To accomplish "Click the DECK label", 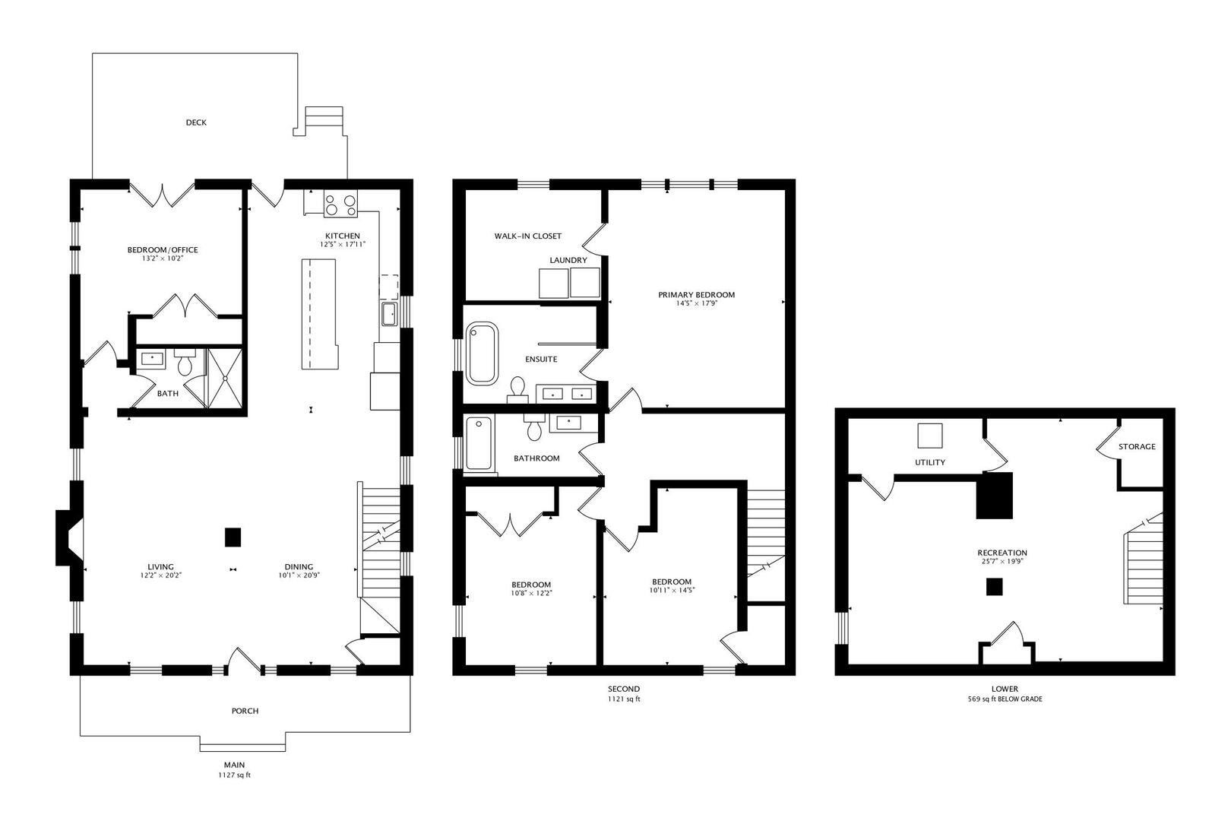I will coord(196,122).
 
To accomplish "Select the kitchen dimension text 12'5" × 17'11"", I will coord(342,245).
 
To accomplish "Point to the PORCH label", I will coord(245,712).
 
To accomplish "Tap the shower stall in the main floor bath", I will coord(226,378).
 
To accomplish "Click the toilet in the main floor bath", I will coord(185,365).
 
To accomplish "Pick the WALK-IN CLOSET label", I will coord(527,236).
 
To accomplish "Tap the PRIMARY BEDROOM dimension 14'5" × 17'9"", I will coord(696,304).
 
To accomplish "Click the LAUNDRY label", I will coord(568,260).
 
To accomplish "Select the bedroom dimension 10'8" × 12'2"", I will coord(531,593).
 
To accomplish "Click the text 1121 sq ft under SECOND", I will coord(623,699).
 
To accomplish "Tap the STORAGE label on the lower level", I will coord(1137,447).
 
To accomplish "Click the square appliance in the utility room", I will coord(929,436).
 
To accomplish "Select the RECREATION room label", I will coord(1002,553).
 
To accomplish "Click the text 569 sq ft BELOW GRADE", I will coord(1005,699).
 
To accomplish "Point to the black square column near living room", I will coord(233,537).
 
